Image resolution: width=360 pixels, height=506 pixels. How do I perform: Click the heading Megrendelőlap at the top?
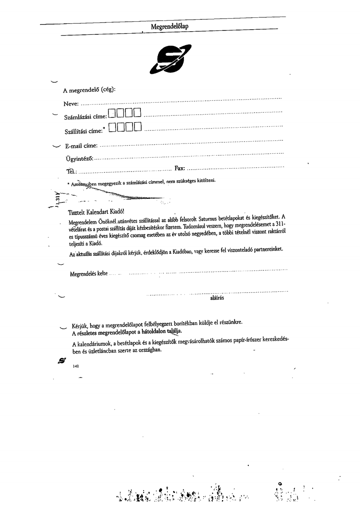169,26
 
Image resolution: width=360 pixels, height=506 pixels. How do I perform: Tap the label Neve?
71,104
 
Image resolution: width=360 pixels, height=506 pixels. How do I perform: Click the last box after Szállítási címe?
137,127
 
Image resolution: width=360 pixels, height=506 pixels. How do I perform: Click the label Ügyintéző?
79,159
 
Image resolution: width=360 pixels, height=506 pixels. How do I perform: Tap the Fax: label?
180,168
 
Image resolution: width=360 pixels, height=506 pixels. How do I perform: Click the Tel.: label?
72,172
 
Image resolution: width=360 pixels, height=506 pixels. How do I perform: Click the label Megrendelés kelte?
89,274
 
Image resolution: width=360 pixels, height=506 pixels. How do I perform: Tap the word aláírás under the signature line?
217,298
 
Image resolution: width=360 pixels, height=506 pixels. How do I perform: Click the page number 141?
76,366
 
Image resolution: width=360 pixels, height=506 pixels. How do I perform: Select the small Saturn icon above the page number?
61,360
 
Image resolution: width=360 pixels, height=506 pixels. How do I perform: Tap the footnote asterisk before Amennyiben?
69,184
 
